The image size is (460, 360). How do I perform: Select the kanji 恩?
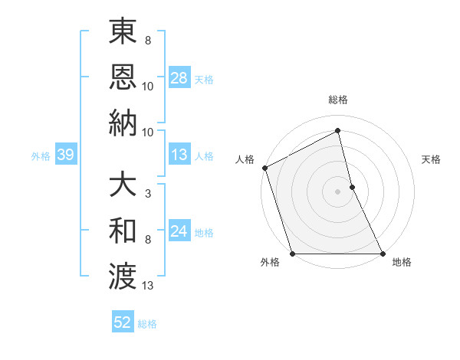pyautogui.click(x=122, y=77)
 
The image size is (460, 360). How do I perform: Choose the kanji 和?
pyautogui.click(x=122, y=231)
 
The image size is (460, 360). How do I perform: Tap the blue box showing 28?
pyautogui.click(x=179, y=78)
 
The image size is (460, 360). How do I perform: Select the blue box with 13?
pyautogui.click(x=179, y=155)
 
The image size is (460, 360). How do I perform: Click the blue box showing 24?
pyautogui.click(x=179, y=232)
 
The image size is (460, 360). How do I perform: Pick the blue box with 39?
pyautogui.click(x=65, y=155)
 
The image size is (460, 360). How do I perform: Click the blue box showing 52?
pyautogui.click(x=123, y=323)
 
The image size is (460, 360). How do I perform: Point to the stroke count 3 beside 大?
pyautogui.click(x=147, y=193)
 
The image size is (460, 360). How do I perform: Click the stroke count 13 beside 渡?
pyautogui.click(x=148, y=286)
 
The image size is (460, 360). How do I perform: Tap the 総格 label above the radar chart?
pyautogui.click(x=338, y=100)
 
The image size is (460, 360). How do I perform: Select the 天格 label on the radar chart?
pyautogui.click(x=432, y=159)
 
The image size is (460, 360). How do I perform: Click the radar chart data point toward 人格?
pyautogui.click(x=264, y=168)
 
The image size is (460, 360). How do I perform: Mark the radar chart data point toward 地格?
pyautogui.click(x=382, y=254)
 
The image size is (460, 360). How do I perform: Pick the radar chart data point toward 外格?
pyautogui.click(x=292, y=254)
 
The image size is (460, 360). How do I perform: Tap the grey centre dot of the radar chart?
pyautogui.click(x=337, y=191)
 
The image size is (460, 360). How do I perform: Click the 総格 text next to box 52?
pyautogui.click(x=147, y=324)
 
